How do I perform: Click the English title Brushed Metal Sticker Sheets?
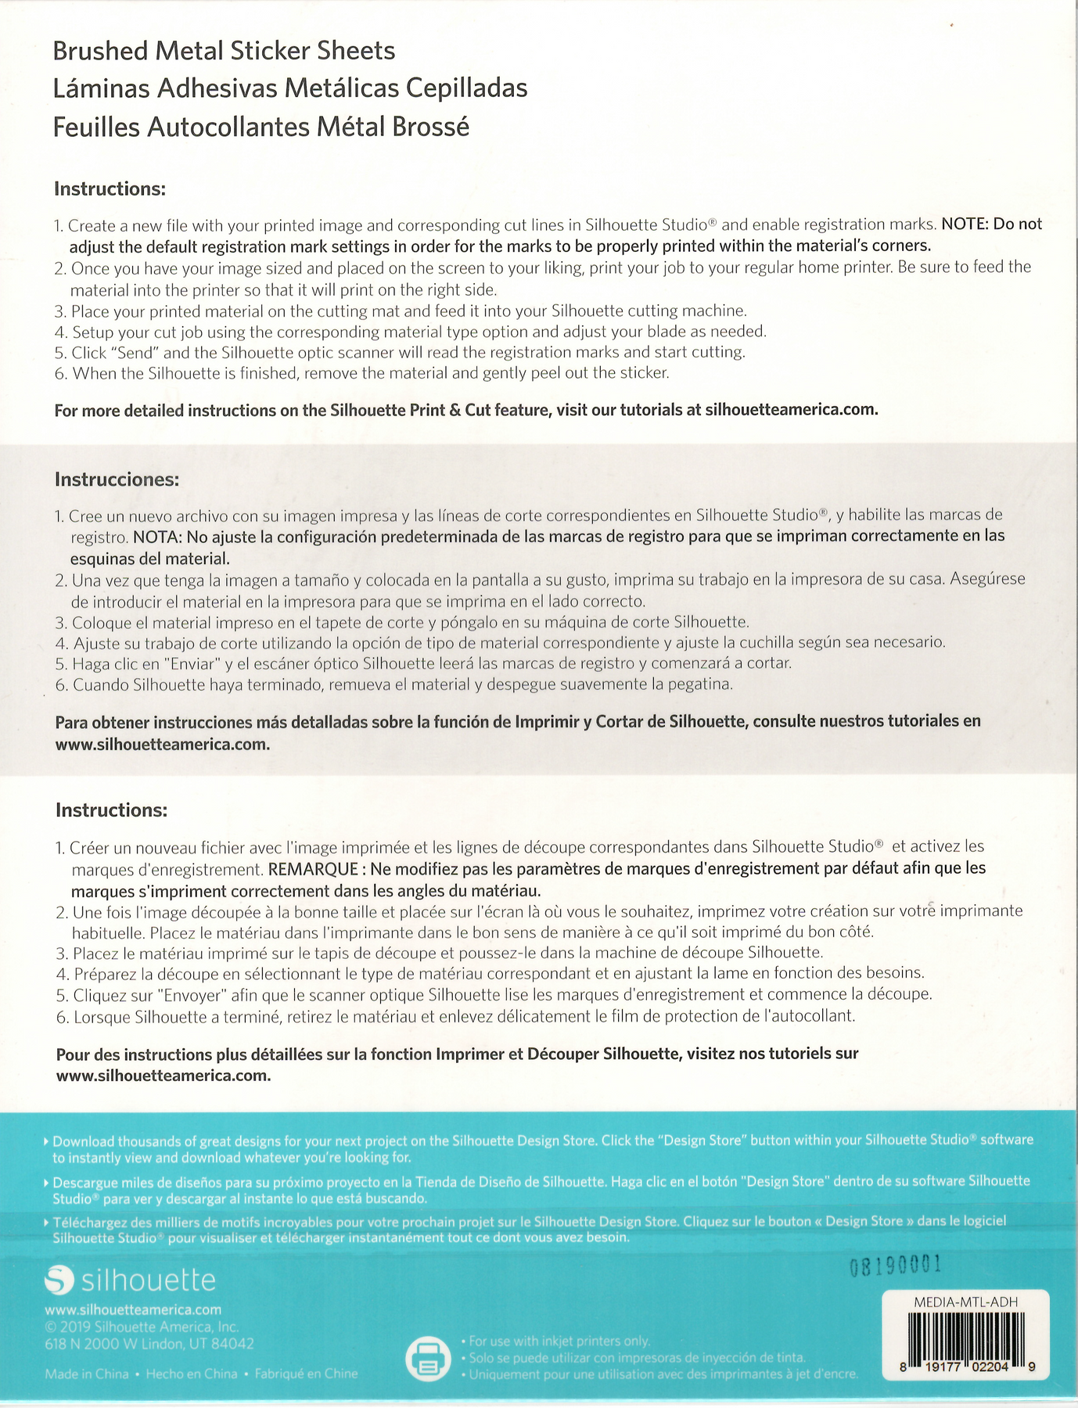[224, 51]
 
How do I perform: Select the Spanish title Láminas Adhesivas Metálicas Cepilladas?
[289, 88]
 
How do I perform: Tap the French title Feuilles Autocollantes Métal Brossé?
[261, 127]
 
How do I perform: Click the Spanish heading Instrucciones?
[117, 480]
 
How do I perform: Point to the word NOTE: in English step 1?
[965, 224]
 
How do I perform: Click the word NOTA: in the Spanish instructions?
[157, 537]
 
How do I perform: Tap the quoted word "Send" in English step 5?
[136, 353]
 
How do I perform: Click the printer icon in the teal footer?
[428, 1359]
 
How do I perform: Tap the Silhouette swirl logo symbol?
[59, 1280]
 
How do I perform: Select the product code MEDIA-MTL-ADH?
[966, 1302]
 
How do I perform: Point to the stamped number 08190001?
[894, 1265]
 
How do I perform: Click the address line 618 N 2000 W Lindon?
[149, 1344]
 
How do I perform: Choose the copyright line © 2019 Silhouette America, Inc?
[142, 1327]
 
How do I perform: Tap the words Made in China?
[87, 1374]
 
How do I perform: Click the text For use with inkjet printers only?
[560, 1341]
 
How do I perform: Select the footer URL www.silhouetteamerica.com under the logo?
[133, 1309]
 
